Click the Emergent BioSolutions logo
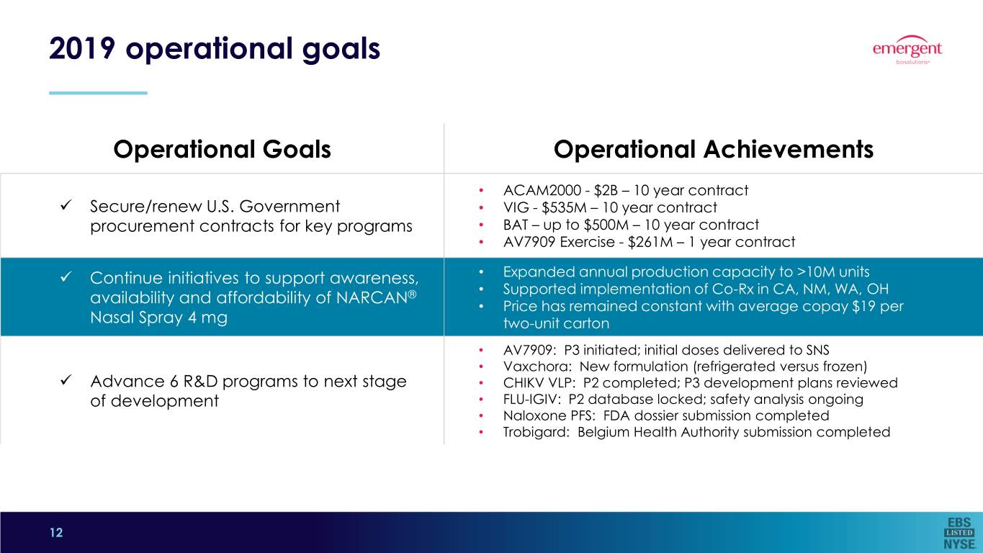(907, 50)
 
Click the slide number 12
(56, 532)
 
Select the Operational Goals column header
(222, 149)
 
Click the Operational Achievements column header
(714, 149)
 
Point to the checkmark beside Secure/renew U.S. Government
(66, 205)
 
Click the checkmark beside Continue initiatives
(66, 277)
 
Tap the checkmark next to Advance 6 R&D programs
(66, 380)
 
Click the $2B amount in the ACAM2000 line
(606, 191)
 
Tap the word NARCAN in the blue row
(372, 297)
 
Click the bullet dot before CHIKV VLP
(481, 383)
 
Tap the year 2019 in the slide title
(83, 48)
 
